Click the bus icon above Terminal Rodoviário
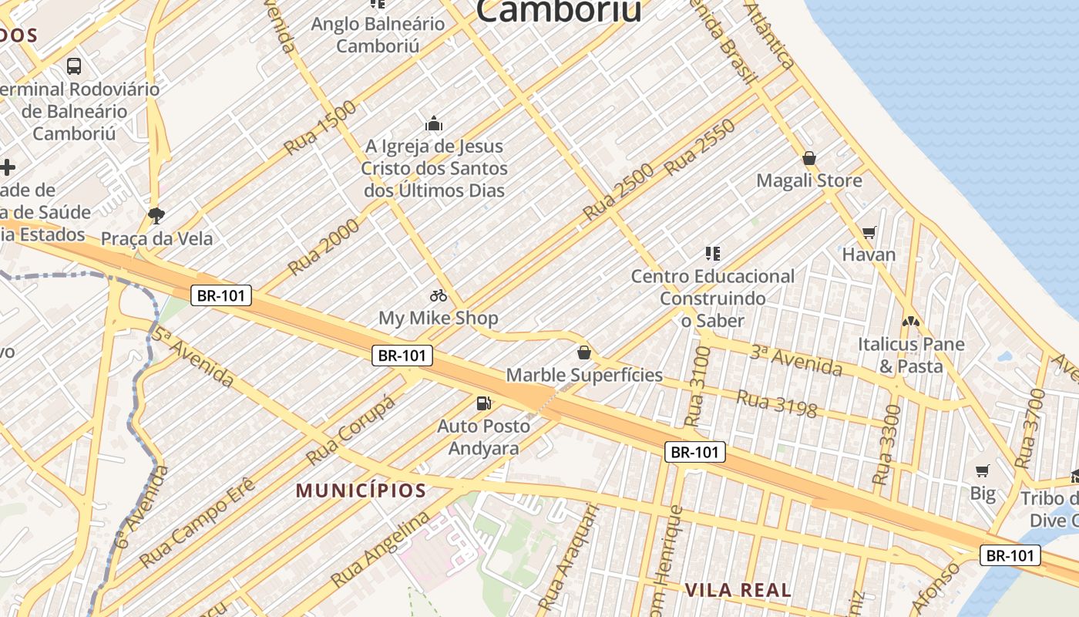click(74, 66)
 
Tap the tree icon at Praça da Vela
click(156, 215)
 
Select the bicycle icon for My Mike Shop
click(439, 295)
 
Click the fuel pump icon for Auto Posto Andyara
click(484, 403)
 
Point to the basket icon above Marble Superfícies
click(584, 352)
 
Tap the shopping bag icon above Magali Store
click(809, 158)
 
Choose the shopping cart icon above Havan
click(869, 231)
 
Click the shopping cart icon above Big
click(983, 470)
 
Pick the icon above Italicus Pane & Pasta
click(911, 321)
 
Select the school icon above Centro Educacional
click(713, 253)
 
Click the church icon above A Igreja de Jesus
click(434, 123)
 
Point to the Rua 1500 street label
click(321, 126)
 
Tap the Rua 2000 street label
click(324, 246)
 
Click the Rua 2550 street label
click(700, 147)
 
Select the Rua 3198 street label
click(776, 403)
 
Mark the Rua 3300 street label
click(887, 445)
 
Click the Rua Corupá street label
click(351, 430)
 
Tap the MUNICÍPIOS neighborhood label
click(361, 491)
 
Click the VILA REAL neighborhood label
click(738, 591)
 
